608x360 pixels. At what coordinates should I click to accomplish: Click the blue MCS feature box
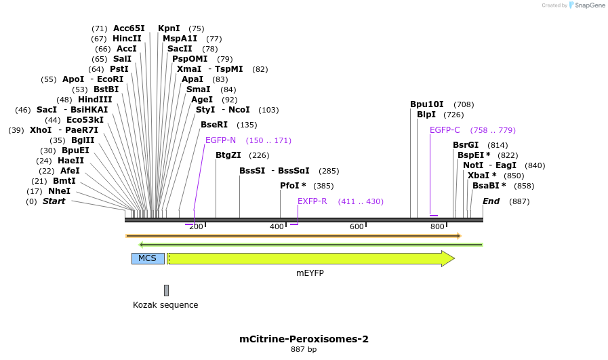click(x=147, y=258)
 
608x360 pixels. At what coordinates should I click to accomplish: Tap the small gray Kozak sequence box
click(x=166, y=290)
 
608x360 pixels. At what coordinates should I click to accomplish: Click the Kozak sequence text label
click(x=165, y=305)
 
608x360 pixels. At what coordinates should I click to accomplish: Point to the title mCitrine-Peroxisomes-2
click(x=304, y=338)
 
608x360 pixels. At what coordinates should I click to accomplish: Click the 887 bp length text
click(x=304, y=350)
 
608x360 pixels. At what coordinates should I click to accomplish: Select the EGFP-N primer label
click(x=220, y=140)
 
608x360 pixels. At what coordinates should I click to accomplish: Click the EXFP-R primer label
click(x=312, y=201)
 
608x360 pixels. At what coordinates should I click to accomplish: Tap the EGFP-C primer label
click(x=445, y=130)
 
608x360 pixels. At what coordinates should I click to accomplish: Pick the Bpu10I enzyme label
click(x=426, y=104)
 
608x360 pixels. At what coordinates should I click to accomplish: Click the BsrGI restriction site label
click(x=466, y=145)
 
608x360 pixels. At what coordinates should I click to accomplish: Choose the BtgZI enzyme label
click(x=228, y=155)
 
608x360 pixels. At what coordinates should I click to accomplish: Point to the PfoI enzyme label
click(x=293, y=186)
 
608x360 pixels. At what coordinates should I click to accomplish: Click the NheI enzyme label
click(x=59, y=191)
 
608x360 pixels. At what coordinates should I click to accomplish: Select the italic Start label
click(x=54, y=201)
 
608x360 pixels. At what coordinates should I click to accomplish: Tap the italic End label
click(x=491, y=201)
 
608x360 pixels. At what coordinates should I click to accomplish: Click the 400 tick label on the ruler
click(x=277, y=226)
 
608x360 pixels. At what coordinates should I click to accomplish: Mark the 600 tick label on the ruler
click(x=357, y=226)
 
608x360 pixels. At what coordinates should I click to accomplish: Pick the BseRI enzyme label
click(x=214, y=125)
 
